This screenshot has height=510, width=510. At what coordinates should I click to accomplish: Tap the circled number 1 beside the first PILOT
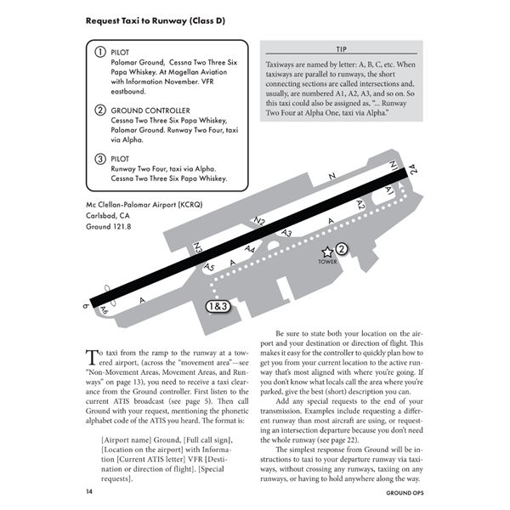point(99,53)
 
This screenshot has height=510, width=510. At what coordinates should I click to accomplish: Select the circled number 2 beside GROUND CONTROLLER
point(99,110)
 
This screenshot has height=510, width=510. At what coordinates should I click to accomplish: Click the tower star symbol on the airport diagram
point(326,252)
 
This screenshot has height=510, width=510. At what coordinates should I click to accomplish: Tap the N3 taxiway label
point(197,248)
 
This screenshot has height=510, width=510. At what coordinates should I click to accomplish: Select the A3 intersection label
point(286,232)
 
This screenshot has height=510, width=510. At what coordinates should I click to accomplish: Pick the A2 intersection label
point(360,205)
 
